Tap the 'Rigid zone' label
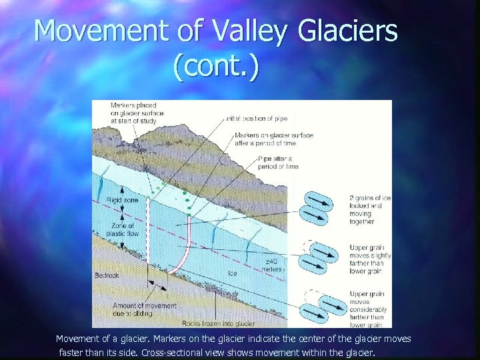(x=121, y=199)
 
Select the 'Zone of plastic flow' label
(x=123, y=230)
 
